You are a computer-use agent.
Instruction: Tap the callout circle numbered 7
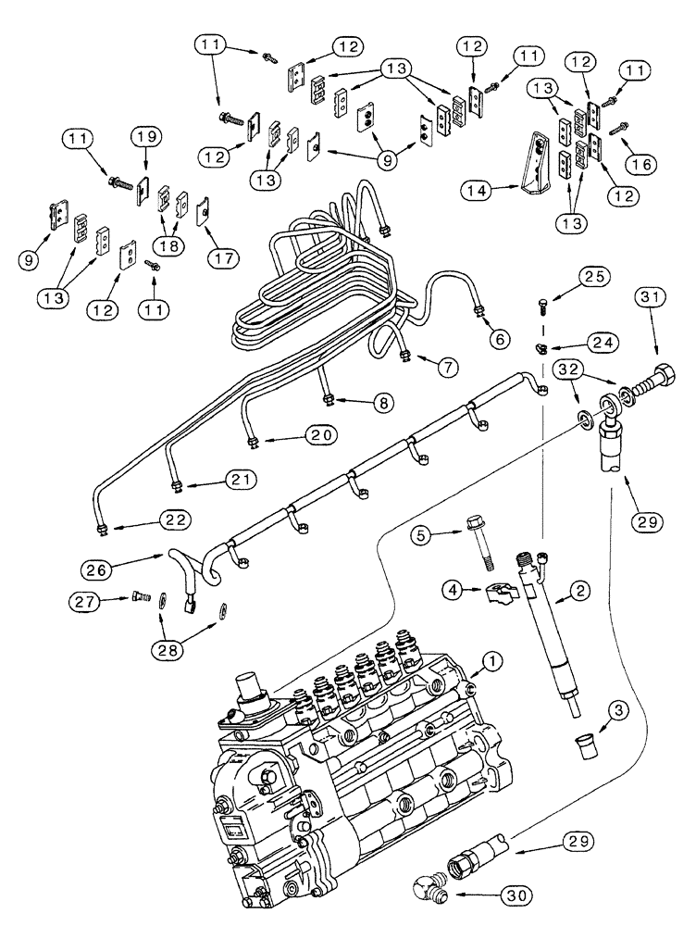coord(448,367)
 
